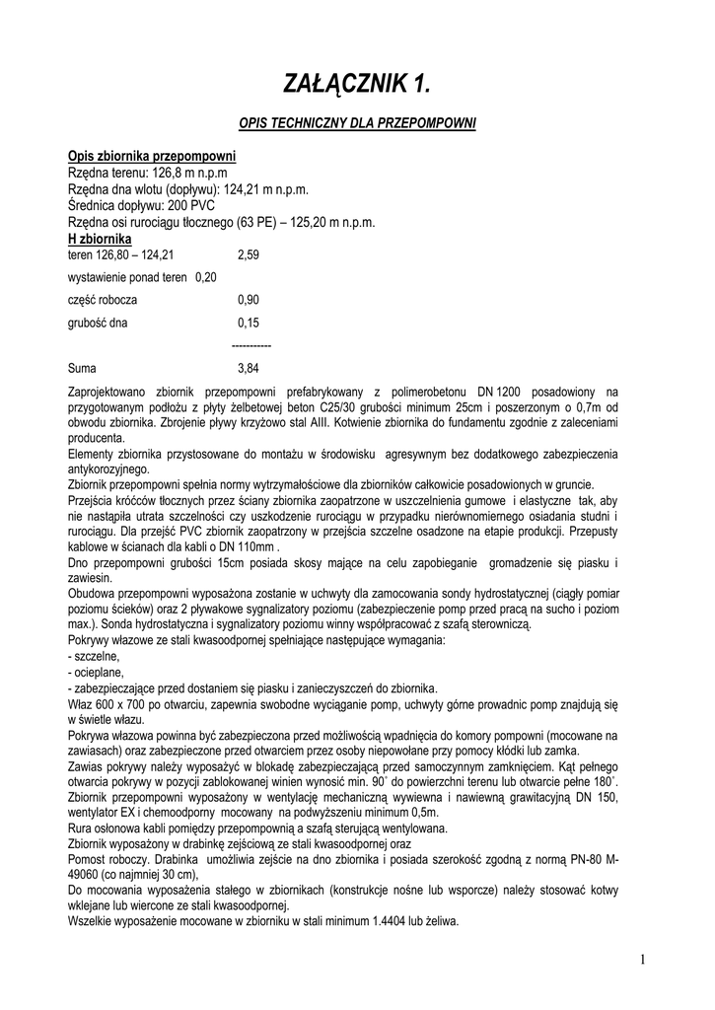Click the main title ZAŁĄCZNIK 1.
click(x=358, y=86)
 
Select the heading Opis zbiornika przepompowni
click(x=151, y=157)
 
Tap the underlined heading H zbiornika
click(x=100, y=239)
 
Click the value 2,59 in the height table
click(x=249, y=254)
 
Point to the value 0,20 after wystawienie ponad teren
click(x=206, y=277)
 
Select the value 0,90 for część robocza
click(x=249, y=300)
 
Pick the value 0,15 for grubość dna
click(x=249, y=323)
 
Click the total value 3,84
click(x=249, y=368)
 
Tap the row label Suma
click(x=83, y=368)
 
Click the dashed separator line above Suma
click(x=250, y=345)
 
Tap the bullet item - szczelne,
click(x=94, y=656)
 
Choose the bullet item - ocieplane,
click(x=96, y=672)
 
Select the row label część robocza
click(x=103, y=300)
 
